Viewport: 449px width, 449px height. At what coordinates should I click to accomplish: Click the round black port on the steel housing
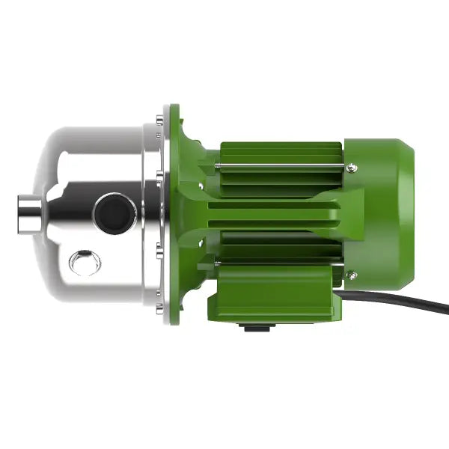point(114,211)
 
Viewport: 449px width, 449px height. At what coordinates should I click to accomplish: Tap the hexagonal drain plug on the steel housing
point(84,262)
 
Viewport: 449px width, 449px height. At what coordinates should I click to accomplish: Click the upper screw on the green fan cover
point(352,168)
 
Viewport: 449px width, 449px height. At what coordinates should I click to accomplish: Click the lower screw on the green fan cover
point(352,276)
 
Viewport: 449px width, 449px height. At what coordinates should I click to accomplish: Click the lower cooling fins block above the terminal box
point(277,247)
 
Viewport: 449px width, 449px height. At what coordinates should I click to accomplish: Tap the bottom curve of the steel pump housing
point(97,296)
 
